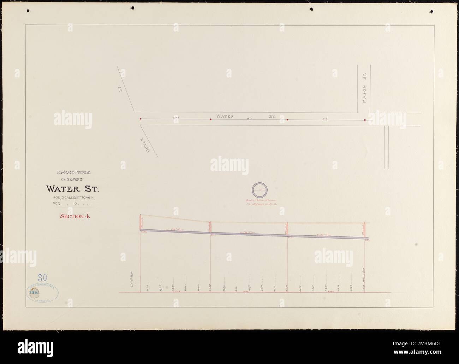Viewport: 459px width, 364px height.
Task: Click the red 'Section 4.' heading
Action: pyautogui.click(x=75, y=217)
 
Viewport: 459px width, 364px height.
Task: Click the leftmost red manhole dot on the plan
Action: pyautogui.click(x=141, y=119)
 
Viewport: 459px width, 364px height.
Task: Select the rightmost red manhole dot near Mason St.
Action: pyautogui.click(x=365, y=120)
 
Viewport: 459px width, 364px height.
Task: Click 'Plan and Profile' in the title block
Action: pyautogui.click(x=73, y=173)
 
